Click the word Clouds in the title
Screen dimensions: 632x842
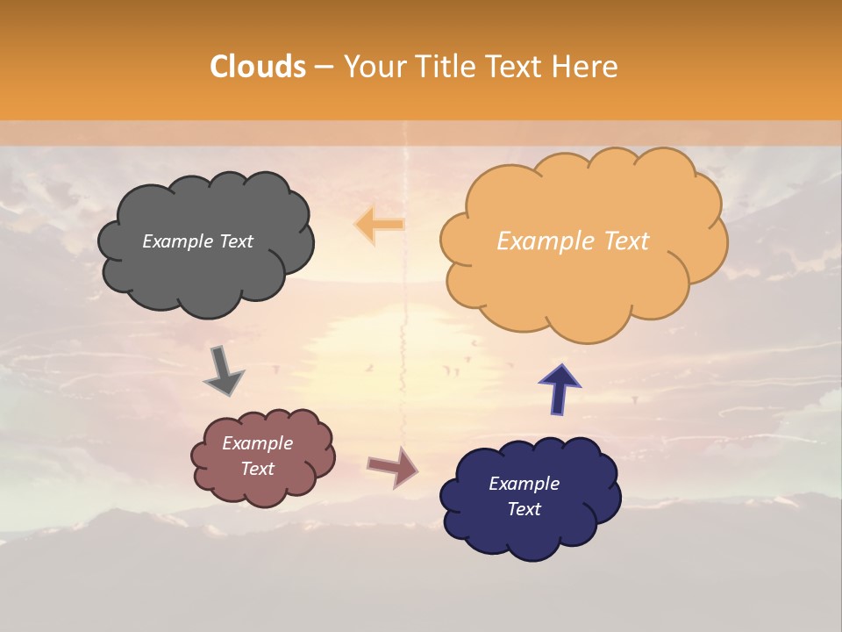coord(258,67)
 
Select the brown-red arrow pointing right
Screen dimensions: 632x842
coord(392,467)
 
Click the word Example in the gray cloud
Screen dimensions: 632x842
coord(176,241)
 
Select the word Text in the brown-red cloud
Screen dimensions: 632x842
coord(258,469)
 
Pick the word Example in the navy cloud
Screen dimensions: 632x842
coord(524,484)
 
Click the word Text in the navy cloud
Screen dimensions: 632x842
coord(524,509)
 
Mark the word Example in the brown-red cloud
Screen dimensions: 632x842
coord(258,443)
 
